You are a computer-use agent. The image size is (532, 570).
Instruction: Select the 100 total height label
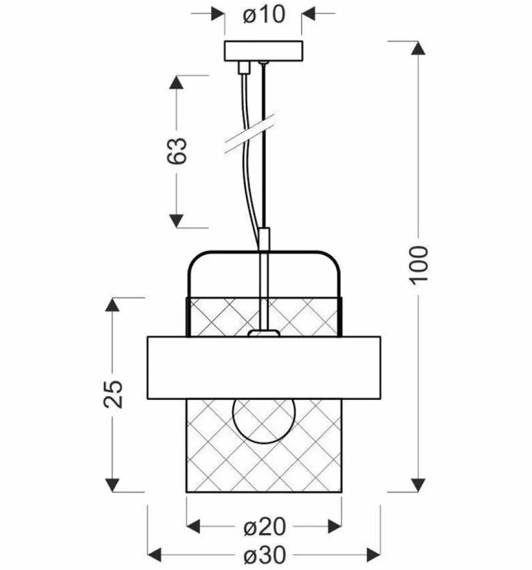click(419, 265)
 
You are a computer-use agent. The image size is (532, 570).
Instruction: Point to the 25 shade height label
click(113, 393)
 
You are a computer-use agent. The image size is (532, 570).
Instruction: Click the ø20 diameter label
click(264, 527)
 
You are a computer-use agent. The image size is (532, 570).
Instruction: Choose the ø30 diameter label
click(264, 556)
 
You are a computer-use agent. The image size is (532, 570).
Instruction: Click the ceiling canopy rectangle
click(263, 51)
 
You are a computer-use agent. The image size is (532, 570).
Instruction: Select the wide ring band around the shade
click(263, 368)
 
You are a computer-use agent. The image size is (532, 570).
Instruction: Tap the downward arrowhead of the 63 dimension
click(177, 220)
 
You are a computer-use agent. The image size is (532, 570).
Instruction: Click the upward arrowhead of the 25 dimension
click(112, 305)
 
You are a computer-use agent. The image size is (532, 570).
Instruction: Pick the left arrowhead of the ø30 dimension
click(155, 556)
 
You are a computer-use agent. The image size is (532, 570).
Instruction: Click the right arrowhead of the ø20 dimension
click(334, 527)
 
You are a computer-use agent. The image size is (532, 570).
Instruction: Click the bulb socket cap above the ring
click(264, 333)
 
